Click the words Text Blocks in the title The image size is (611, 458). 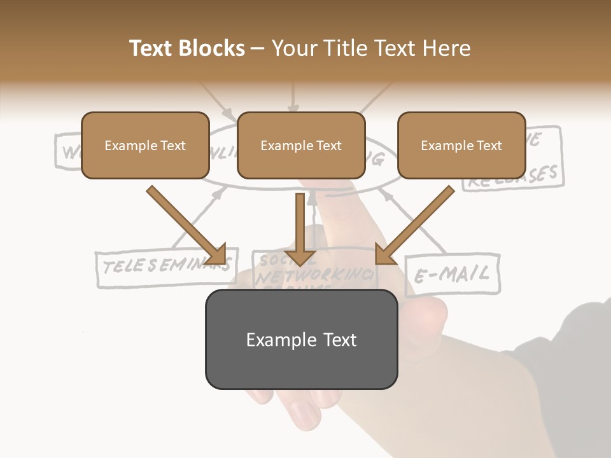[x=186, y=48]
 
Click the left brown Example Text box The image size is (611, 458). [x=145, y=145]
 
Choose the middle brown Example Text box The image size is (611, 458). [x=301, y=145]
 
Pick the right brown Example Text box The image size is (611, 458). [x=461, y=145]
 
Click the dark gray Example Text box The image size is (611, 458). [x=301, y=340]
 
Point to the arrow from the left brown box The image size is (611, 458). [x=188, y=226]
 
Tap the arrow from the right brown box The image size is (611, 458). [x=414, y=226]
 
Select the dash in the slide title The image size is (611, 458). [x=258, y=48]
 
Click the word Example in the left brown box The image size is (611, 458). [x=127, y=146]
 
